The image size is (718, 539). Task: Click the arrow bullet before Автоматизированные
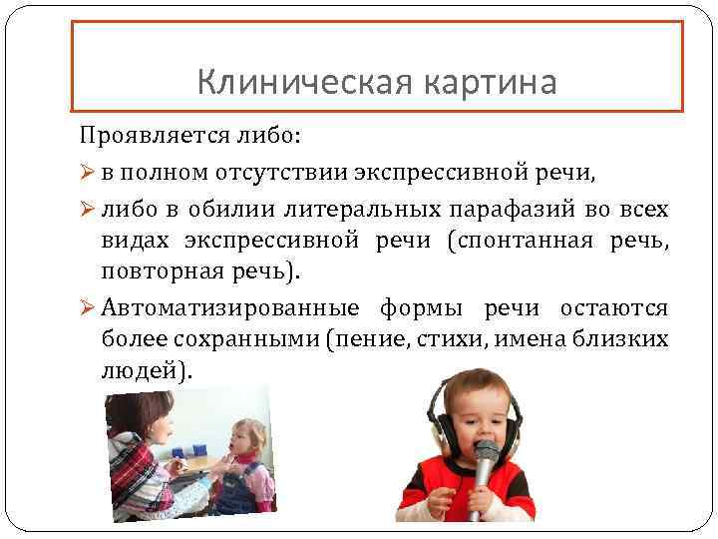click(x=87, y=306)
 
